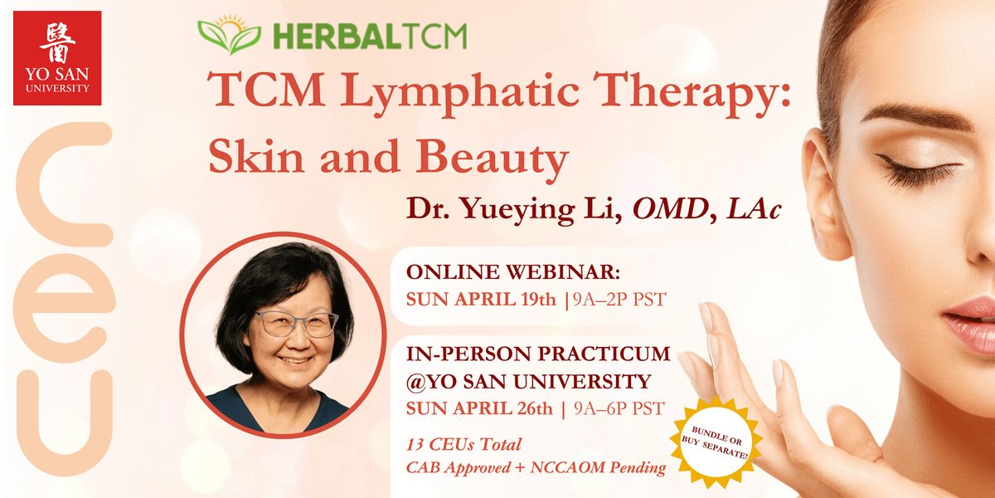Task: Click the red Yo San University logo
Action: point(57,58)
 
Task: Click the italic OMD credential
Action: point(670,208)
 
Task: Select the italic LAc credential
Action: point(754,208)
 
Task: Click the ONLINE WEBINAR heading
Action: point(513,272)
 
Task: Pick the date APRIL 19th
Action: point(505,300)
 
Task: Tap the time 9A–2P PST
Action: point(619,300)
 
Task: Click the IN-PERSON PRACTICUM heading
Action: point(538,354)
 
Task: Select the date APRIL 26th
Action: point(503,408)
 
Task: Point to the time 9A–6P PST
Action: point(619,408)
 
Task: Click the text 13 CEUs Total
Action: point(464,444)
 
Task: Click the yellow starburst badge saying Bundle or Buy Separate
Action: point(716,442)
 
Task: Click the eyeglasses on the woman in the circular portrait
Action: point(296,325)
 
